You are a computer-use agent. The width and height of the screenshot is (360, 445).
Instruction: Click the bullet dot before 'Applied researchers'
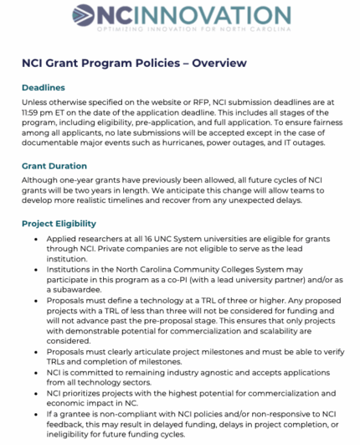39,240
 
